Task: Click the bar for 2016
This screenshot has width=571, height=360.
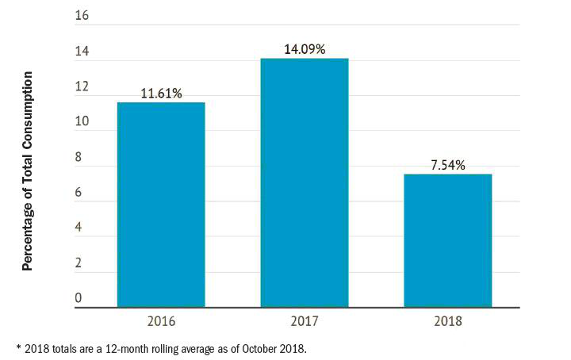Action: tap(161, 205)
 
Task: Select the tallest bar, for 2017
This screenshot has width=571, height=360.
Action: tap(305, 182)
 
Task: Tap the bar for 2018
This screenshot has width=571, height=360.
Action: tap(447, 240)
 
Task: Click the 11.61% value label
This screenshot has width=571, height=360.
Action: tap(161, 94)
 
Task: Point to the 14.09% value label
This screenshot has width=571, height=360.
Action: tap(305, 49)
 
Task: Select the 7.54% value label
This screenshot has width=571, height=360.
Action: tap(448, 165)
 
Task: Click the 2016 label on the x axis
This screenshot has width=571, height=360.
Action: tap(161, 322)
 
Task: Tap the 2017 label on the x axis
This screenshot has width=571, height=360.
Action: tap(305, 322)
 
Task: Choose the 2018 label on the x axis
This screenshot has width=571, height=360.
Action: tap(447, 322)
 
